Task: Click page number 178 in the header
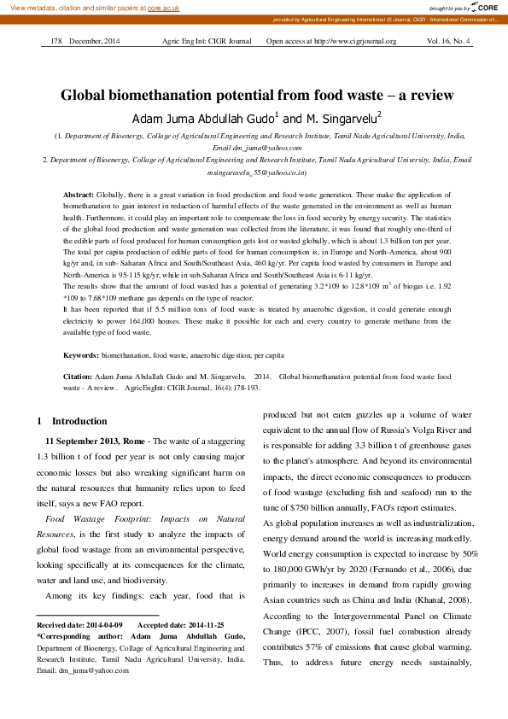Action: pyautogui.click(x=56, y=41)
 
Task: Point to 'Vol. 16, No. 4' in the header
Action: pyautogui.click(x=447, y=41)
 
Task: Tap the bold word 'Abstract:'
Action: pyautogui.click(x=79, y=196)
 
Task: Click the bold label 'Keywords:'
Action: pyautogui.click(x=81, y=354)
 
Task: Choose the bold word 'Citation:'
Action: pyautogui.click(x=78, y=376)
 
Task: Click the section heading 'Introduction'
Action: pyautogui.click(x=80, y=421)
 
